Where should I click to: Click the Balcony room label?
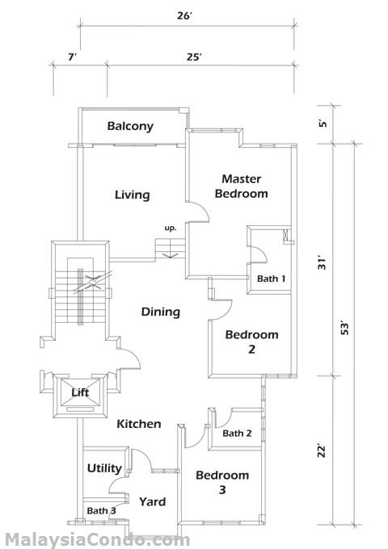click(x=130, y=127)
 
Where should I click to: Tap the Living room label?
click(x=132, y=195)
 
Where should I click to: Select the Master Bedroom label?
click(x=241, y=186)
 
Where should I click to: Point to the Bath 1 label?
click(x=271, y=279)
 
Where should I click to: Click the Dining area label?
click(x=161, y=312)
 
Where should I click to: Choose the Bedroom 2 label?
click(x=251, y=342)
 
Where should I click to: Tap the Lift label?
click(x=80, y=392)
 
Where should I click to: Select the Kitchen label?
click(x=139, y=424)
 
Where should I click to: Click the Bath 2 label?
click(x=237, y=434)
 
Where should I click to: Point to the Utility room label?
click(x=104, y=468)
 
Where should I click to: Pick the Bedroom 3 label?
click(x=222, y=482)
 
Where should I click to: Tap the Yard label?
click(x=153, y=502)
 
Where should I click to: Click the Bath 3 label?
click(x=101, y=511)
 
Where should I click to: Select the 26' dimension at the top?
click(x=184, y=16)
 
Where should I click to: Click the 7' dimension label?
click(x=72, y=57)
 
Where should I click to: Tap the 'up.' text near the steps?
click(x=171, y=228)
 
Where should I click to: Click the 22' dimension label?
click(x=322, y=451)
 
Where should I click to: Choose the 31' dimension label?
click(x=322, y=263)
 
